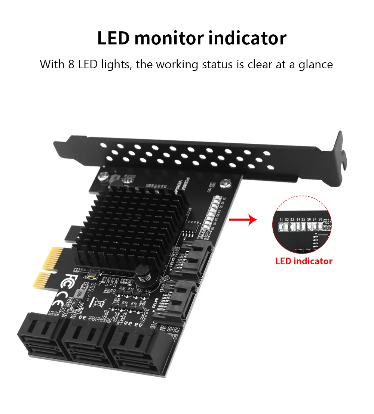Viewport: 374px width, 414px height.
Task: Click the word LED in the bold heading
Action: (x=113, y=38)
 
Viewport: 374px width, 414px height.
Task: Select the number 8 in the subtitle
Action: (x=71, y=64)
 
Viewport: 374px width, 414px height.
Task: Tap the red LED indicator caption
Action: (x=304, y=261)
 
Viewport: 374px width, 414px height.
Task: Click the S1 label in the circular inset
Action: (x=281, y=219)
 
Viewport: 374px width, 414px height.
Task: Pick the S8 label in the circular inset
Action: (x=320, y=219)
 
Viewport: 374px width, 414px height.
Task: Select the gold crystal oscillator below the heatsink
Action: (x=91, y=276)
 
